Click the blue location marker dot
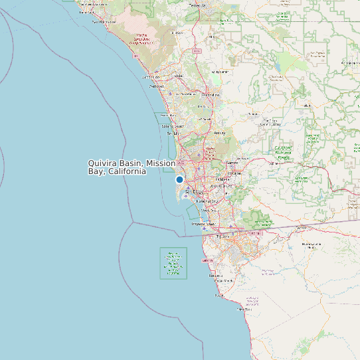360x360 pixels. [179, 180]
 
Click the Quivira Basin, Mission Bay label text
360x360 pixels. [132, 167]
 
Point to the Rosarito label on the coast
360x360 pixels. [215, 275]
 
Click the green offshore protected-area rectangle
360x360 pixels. [173, 263]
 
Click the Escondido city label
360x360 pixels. [210, 95]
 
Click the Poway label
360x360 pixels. [219, 133]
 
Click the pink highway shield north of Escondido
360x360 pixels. [197, 50]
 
